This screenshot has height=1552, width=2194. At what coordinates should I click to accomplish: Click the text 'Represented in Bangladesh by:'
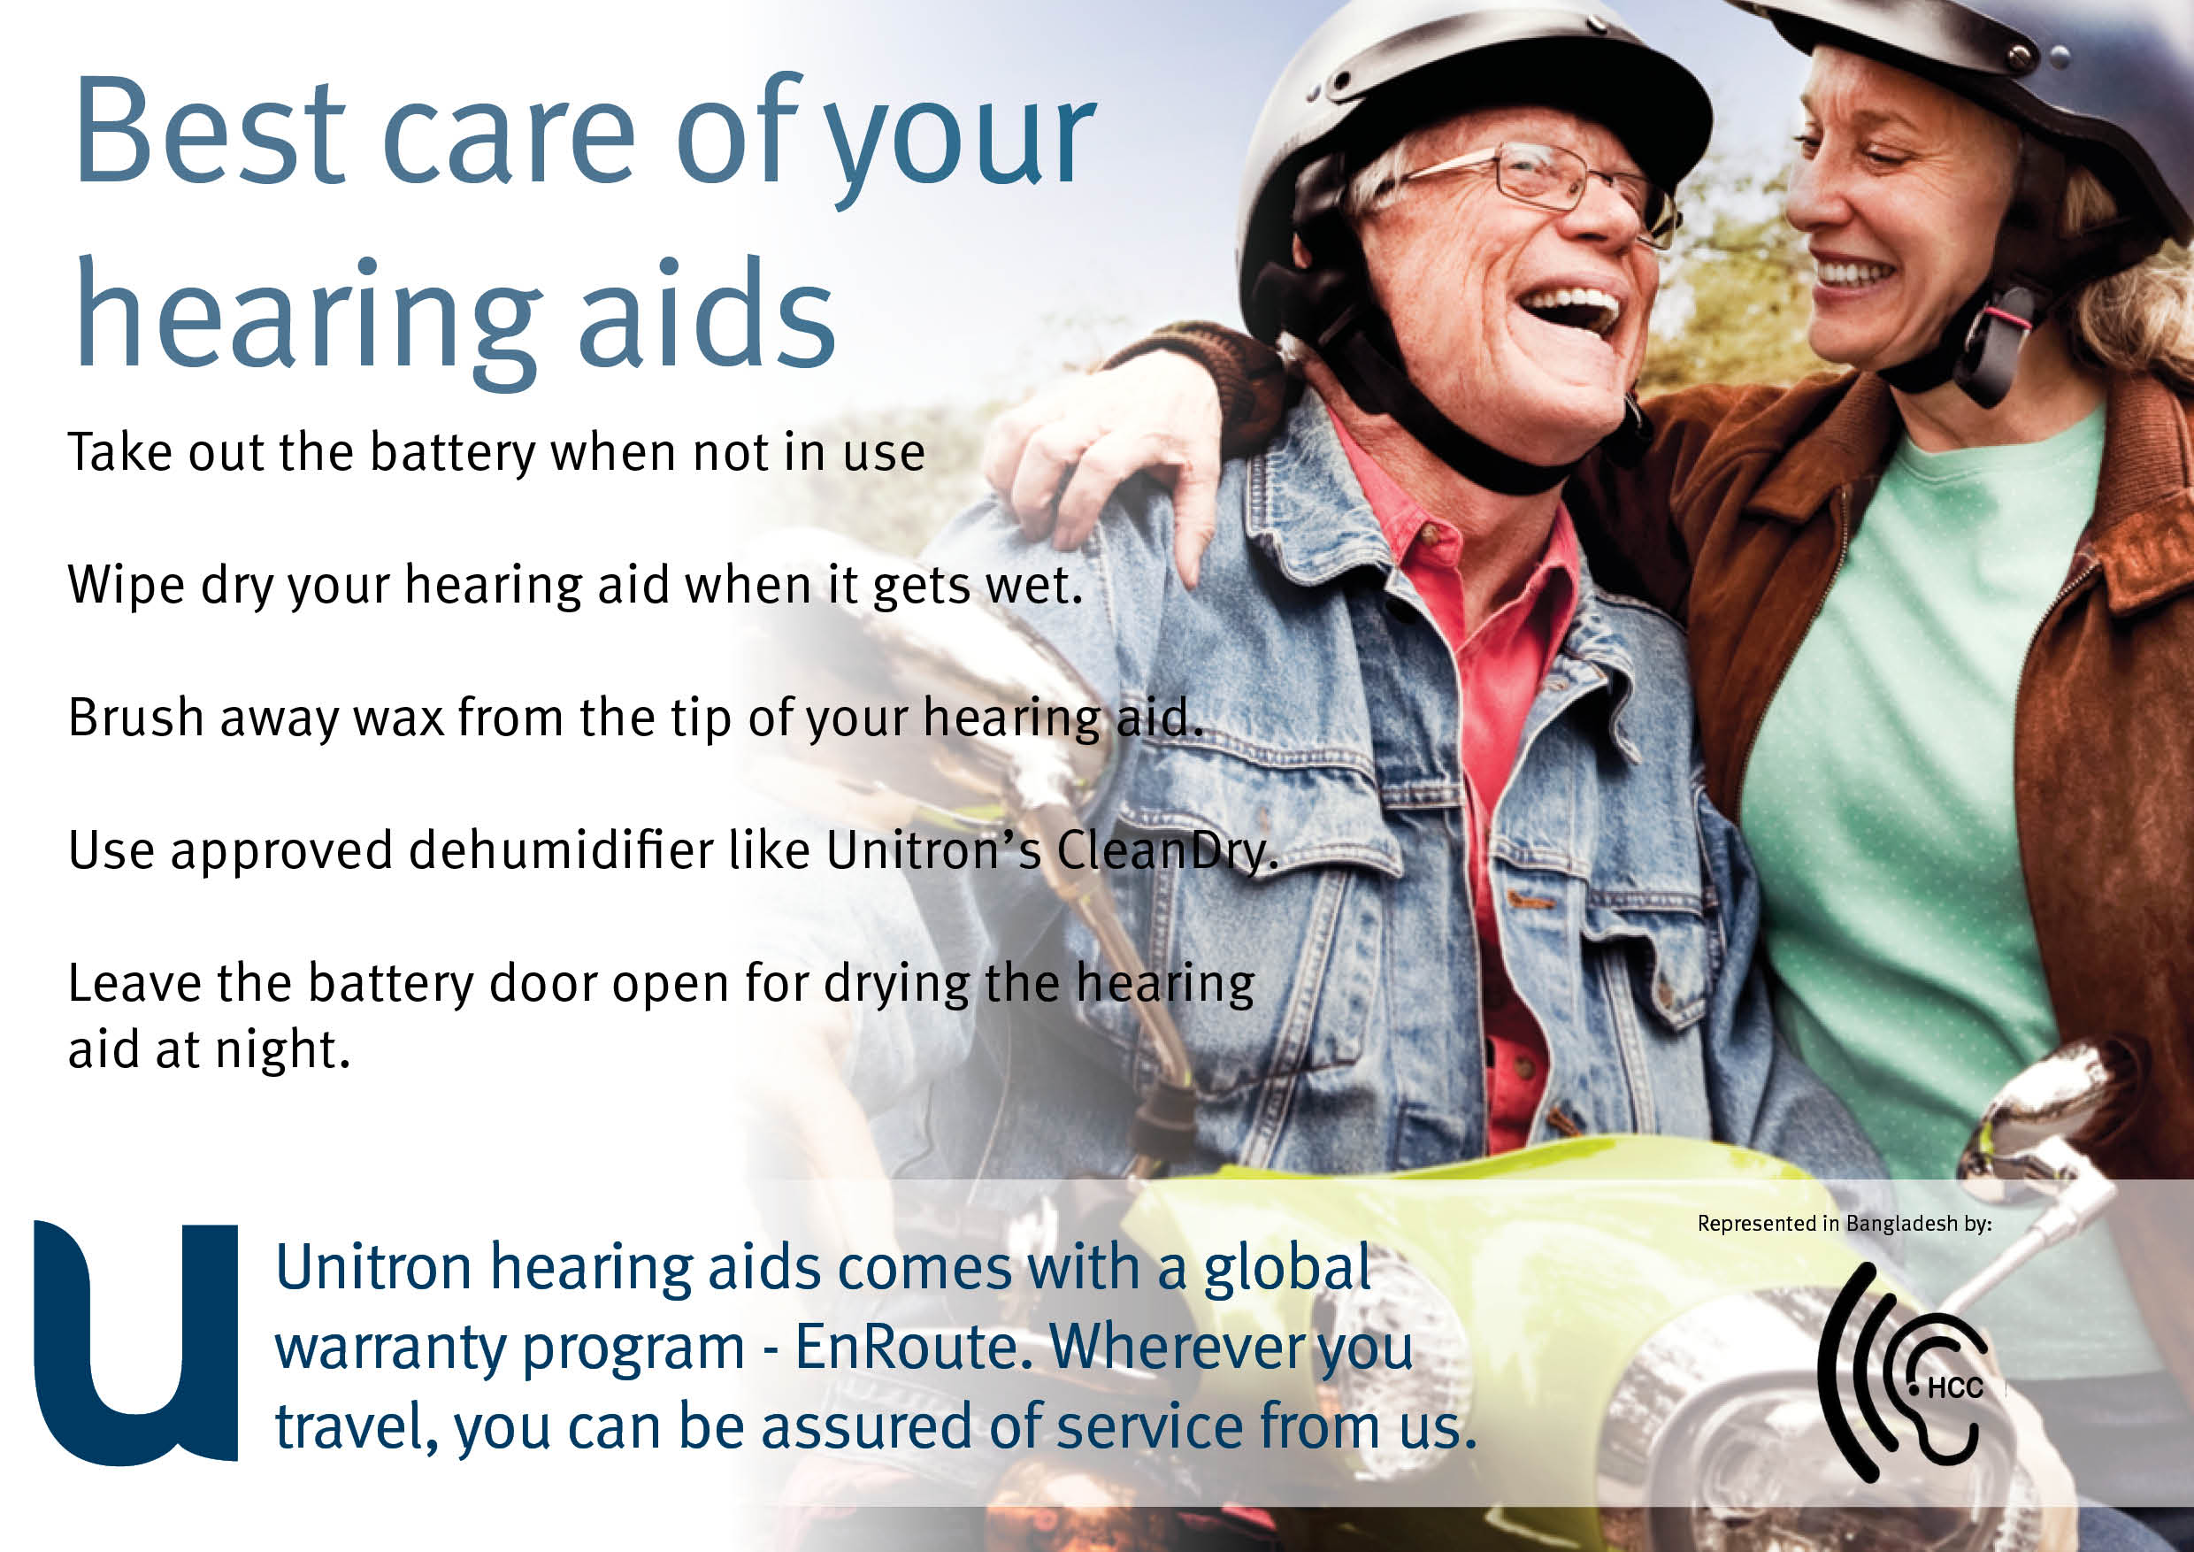coord(1845,1223)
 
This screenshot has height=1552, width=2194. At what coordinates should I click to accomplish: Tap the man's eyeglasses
coord(1548,181)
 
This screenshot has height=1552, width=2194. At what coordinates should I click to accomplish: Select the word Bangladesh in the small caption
coord(1901,1223)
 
